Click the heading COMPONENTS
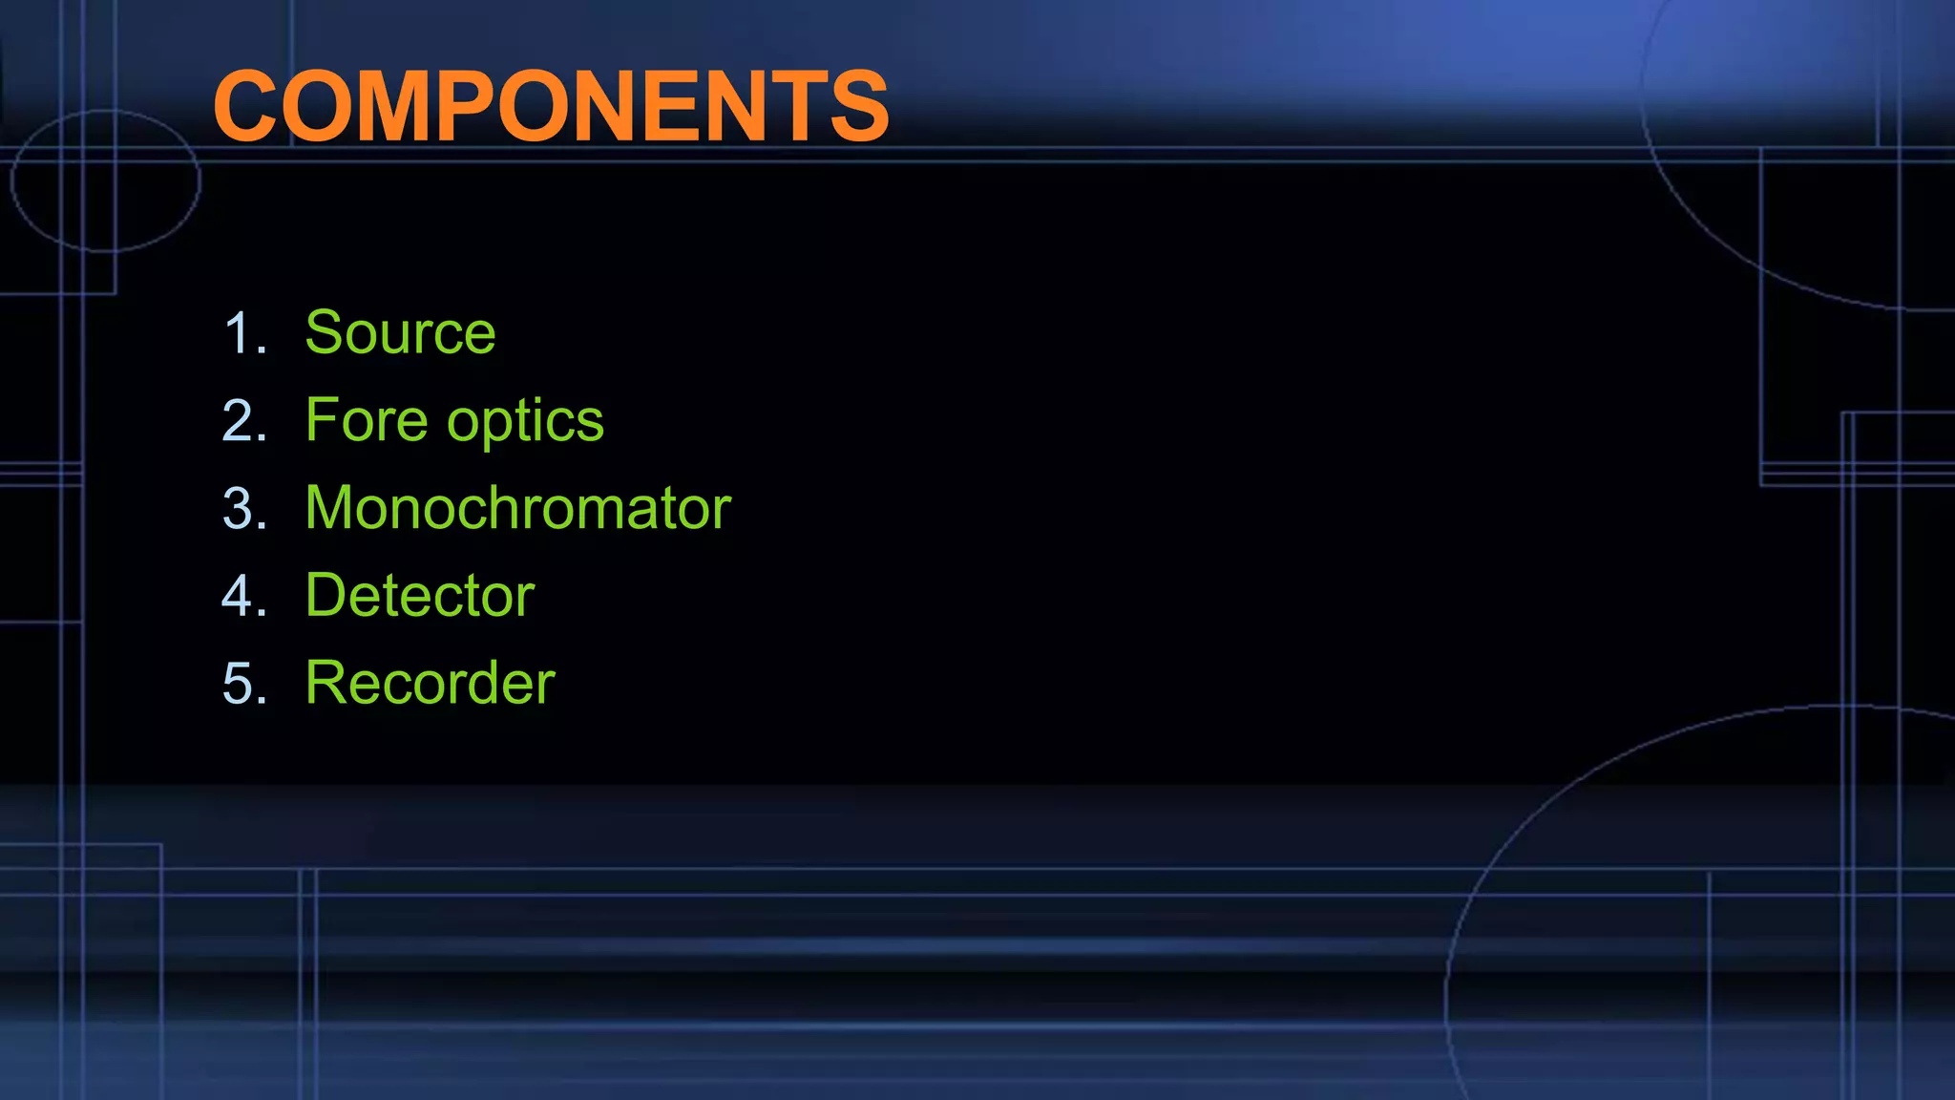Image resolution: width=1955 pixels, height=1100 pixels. (x=551, y=106)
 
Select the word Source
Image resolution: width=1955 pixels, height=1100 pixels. (x=400, y=332)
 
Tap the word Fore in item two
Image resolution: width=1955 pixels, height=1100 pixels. (x=367, y=420)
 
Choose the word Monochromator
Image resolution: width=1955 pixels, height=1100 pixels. (x=517, y=508)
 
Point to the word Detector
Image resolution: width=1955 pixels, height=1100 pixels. (x=420, y=596)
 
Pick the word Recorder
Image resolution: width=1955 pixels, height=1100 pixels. (x=430, y=684)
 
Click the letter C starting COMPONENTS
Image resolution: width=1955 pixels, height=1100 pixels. (x=249, y=106)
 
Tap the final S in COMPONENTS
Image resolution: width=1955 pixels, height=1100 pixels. (x=858, y=106)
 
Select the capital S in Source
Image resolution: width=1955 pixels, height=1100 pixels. (x=326, y=332)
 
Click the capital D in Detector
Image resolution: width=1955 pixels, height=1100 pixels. (x=327, y=596)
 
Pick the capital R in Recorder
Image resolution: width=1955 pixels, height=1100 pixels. (x=327, y=684)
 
